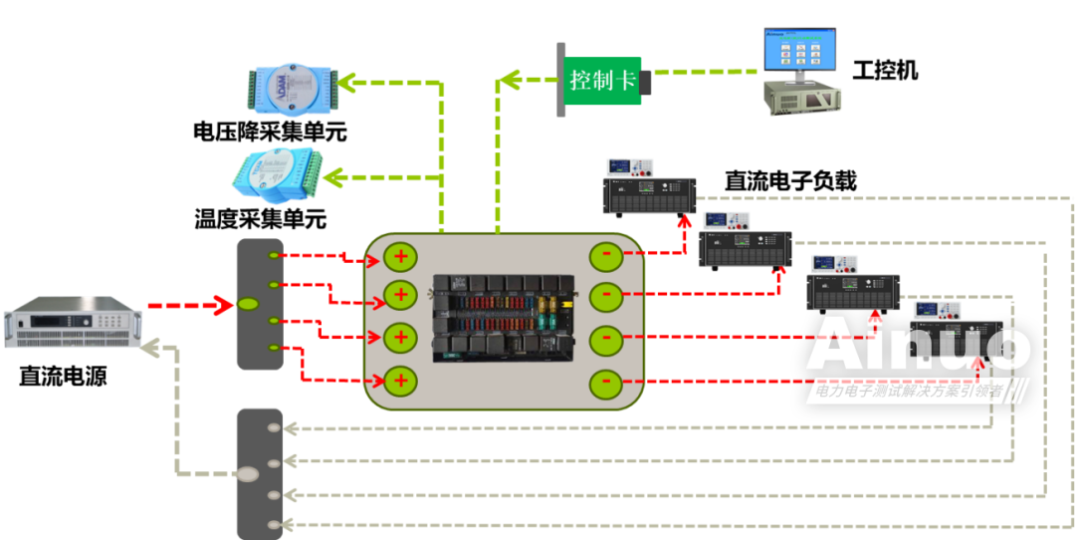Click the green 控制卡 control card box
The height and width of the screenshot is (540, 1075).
(602, 80)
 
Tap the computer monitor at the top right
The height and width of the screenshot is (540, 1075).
(798, 50)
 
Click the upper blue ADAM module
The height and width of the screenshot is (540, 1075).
(292, 88)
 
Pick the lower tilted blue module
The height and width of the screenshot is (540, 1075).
(278, 176)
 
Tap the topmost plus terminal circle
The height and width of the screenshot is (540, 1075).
(400, 256)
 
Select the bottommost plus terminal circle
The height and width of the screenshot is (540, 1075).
(400, 380)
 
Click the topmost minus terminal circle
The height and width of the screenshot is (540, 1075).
(606, 256)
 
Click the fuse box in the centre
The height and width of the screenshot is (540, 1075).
(504, 318)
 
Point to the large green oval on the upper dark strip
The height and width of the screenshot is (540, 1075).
(249, 304)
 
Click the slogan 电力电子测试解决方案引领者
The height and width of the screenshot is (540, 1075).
(909, 393)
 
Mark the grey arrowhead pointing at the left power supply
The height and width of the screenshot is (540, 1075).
(151, 347)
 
